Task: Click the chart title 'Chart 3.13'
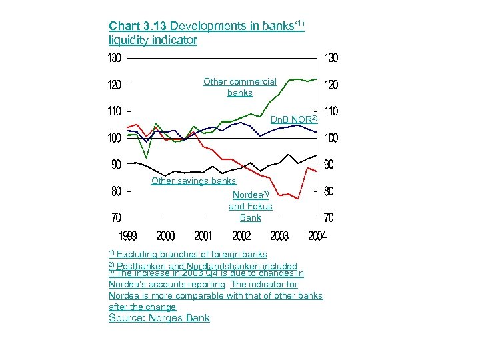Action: pos(138,26)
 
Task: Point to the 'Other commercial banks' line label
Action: pos(240,87)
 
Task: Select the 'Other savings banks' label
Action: pos(193,181)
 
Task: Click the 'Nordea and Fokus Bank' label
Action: pos(251,206)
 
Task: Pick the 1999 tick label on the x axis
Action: pos(128,236)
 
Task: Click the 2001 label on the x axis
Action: pos(203,236)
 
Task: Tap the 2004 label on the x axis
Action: pos(317,236)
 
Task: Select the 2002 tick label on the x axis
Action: pos(241,236)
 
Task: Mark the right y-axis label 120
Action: pos(331,85)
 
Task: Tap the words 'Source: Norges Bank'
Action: pos(159,318)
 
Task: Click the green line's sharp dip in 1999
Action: pos(147,157)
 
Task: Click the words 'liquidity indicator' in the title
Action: pos(153,40)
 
